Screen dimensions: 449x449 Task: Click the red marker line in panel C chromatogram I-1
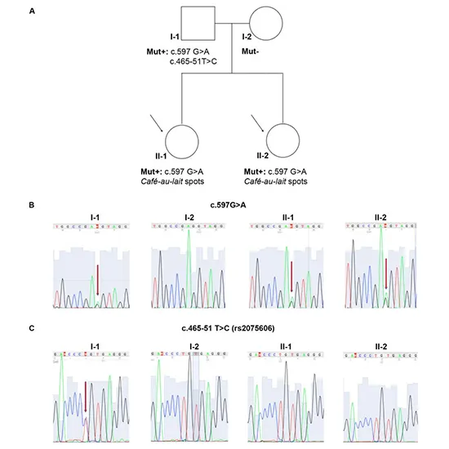click(87, 393)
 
